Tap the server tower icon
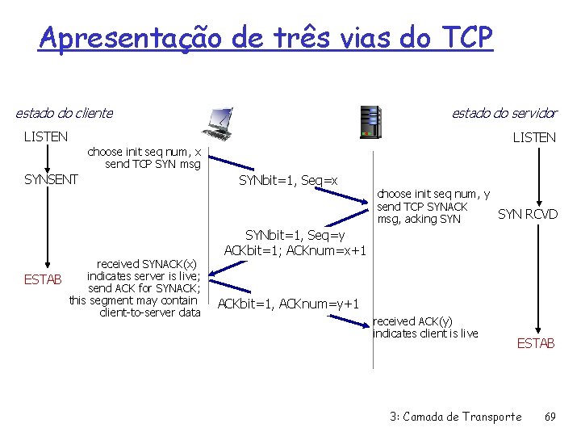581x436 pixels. (x=370, y=122)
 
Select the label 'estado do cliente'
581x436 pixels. (x=65, y=113)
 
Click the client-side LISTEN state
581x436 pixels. (x=46, y=136)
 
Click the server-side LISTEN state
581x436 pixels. (x=534, y=137)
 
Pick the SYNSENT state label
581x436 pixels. (x=51, y=179)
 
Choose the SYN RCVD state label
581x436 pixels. (x=527, y=214)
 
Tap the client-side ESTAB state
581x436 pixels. (x=41, y=281)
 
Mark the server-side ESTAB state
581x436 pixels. (x=536, y=343)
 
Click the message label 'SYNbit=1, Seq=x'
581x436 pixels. (x=288, y=180)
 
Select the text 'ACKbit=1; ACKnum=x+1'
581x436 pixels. (x=295, y=250)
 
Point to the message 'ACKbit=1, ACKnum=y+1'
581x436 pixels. (x=288, y=304)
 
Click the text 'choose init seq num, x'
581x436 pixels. (x=144, y=152)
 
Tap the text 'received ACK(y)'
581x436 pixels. (x=413, y=321)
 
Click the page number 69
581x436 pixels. (x=550, y=417)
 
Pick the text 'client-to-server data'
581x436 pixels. (x=149, y=312)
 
